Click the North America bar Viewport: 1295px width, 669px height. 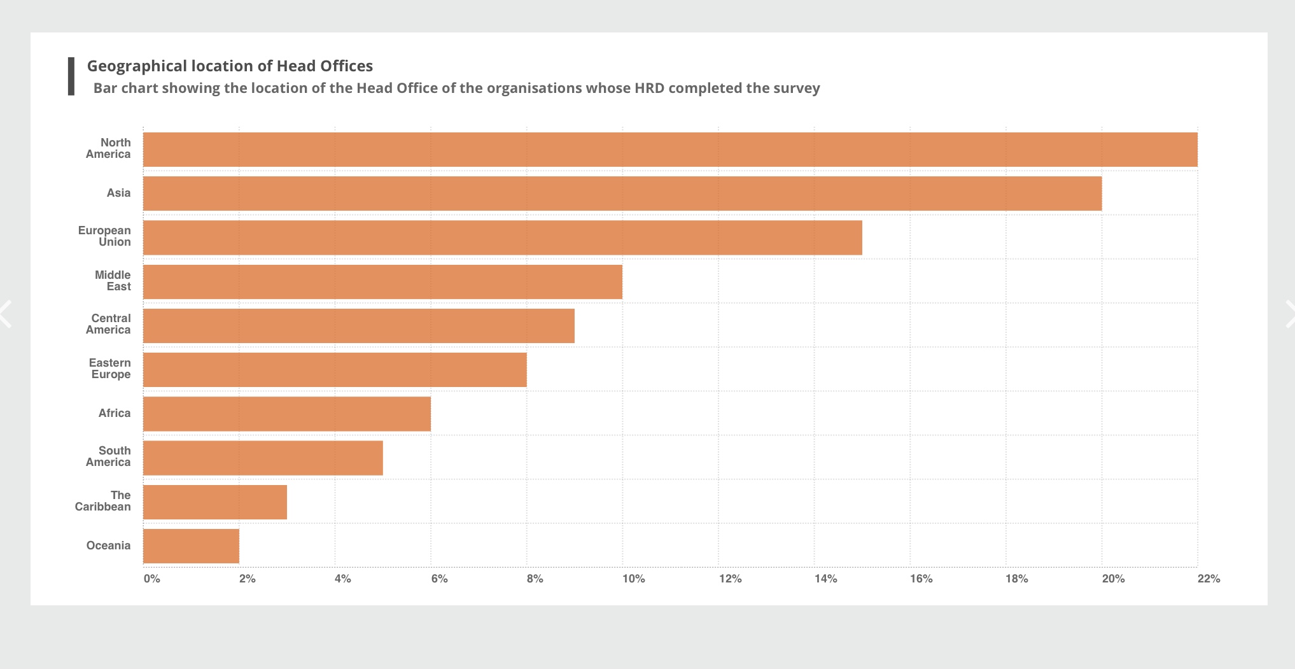tap(670, 150)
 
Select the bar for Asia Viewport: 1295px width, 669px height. tap(622, 194)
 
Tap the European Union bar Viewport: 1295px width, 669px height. tap(503, 237)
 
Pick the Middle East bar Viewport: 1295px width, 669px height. tap(382, 282)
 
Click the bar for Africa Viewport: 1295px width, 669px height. tap(287, 414)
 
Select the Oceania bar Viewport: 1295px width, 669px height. tap(191, 546)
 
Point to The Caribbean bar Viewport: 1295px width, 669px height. tap(215, 502)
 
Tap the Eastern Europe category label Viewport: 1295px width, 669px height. tap(110, 369)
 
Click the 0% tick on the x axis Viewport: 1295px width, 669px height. tap(151, 579)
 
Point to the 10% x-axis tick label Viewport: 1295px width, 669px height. tap(633, 579)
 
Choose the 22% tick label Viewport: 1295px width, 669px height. tap(1208, 579)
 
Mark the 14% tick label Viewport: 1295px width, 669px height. tap(825, 579)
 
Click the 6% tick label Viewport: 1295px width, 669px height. tap(439, 579)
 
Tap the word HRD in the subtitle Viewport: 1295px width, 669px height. tap(649, 88)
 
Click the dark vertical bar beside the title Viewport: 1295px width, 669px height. tap(71, 76)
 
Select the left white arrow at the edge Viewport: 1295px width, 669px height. tap(6, 314)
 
